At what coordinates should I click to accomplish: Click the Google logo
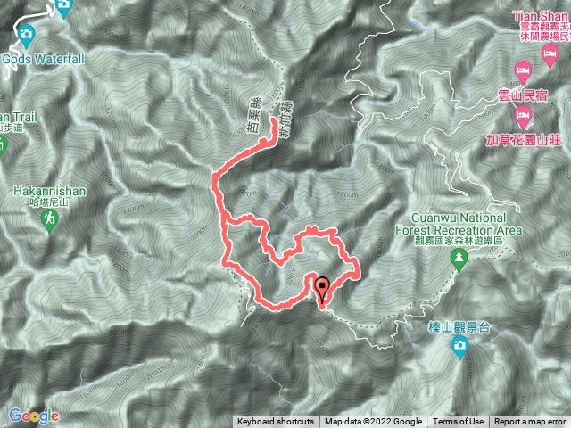point(33,416)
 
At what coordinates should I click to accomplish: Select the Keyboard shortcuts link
point(275,422)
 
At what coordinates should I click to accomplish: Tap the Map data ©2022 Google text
point(373,422)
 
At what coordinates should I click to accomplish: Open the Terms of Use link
point(459,422)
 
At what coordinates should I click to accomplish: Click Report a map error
point(530,422)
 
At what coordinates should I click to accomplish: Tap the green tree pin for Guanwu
point(459,259)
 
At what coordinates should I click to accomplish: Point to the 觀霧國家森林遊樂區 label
point(460,241)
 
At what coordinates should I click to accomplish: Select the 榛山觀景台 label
point(459,327)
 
